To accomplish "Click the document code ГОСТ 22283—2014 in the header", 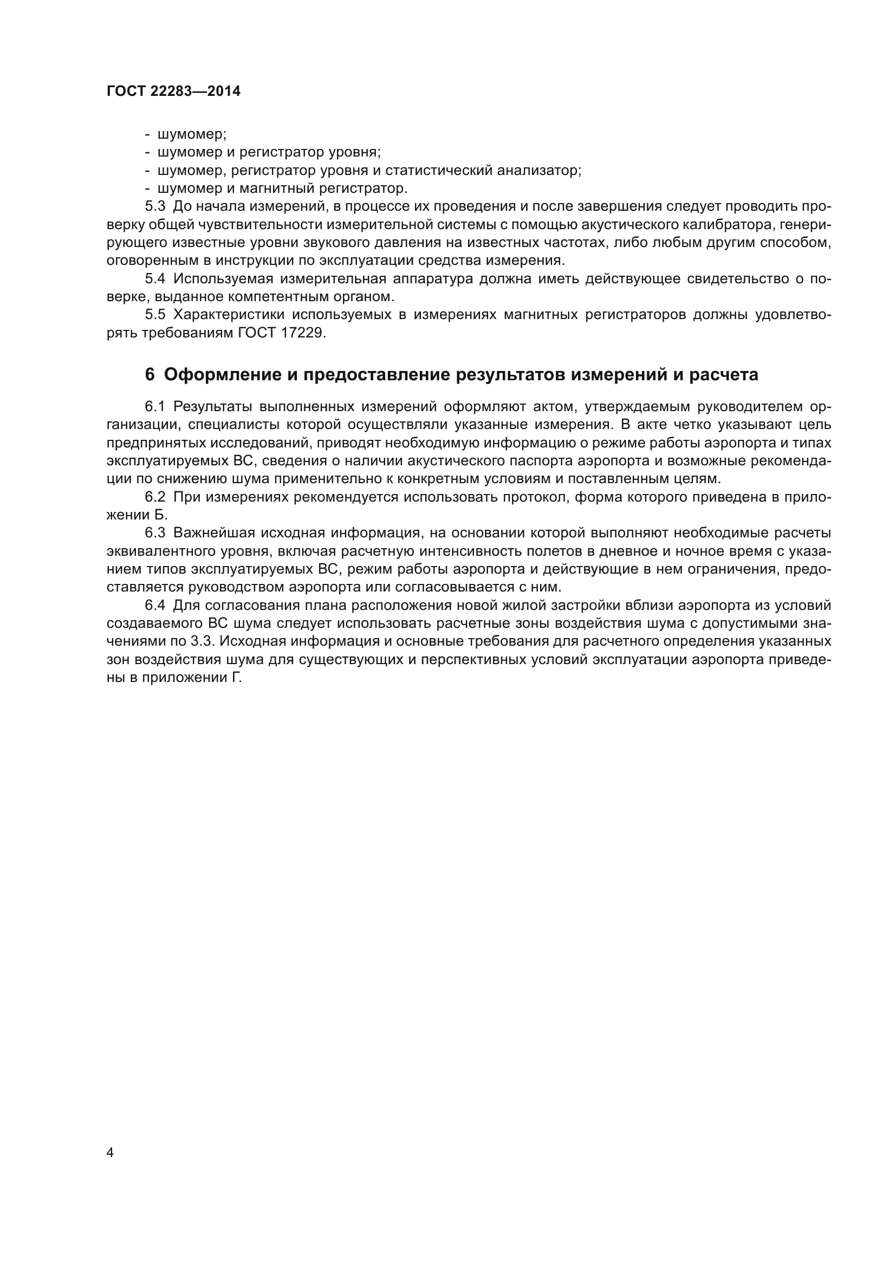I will (173, 92).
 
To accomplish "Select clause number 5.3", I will (155, 207).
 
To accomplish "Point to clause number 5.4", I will (155, 279).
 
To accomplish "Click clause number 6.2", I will (155, 497).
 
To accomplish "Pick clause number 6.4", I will (155, 606).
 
